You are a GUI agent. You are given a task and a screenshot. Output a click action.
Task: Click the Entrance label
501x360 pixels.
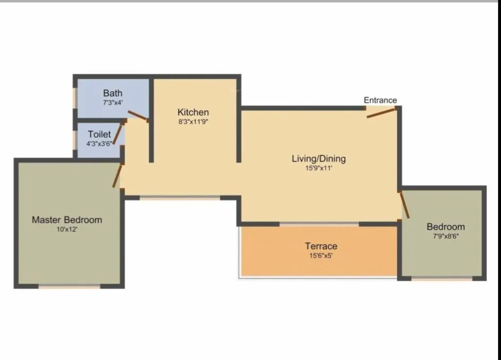click(380, 100)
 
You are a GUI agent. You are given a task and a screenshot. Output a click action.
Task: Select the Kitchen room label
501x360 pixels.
click(193, 112)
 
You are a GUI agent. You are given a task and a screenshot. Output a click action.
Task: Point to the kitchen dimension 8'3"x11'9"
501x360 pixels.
click(193, 121)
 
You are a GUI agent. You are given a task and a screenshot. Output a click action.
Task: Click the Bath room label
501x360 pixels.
click(113, 93)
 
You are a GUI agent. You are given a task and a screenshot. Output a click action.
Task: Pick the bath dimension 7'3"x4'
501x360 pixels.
click(113, 103)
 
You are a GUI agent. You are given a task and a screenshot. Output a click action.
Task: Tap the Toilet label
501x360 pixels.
click(100, 134)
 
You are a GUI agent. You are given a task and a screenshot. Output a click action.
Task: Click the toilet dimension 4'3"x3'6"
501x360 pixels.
click(100, 143)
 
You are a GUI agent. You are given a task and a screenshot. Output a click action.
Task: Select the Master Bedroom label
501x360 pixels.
click(67, 220)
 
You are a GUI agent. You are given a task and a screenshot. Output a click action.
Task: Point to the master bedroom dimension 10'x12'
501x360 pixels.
click(67, 229)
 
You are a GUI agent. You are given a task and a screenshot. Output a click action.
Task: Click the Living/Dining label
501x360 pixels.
click(319, 159)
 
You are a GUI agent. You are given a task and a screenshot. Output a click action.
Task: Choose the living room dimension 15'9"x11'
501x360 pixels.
click(319, 168)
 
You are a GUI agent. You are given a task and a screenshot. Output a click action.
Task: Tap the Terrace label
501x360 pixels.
click(321, 246)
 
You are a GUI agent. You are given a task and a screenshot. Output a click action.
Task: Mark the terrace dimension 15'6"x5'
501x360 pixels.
click(321, 255)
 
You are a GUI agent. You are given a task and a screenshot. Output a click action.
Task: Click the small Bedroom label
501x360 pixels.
click(445, 226)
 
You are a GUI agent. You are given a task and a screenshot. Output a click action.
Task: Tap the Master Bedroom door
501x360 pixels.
click(117, 176)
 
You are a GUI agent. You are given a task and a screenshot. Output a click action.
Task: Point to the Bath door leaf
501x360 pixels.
click(138, 116)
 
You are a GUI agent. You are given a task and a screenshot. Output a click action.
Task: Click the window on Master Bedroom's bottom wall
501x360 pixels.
click(69, 286)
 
